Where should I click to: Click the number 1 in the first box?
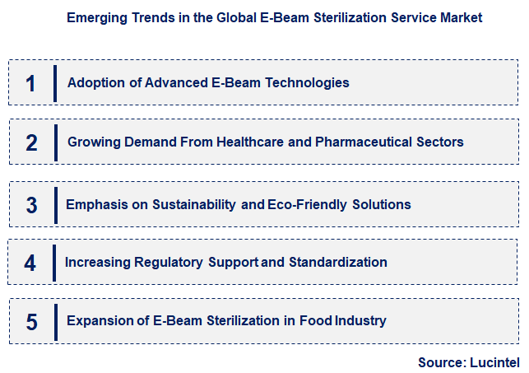tap(31, 83)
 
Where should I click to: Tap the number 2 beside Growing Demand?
tap(31, 142)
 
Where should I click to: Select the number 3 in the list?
tap(31, 204)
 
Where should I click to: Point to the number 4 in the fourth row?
tap(30, 263)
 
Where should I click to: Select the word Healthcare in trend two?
tap(251, 142)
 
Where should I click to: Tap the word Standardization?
tap(336, 263)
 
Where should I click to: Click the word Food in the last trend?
tap(318, 321)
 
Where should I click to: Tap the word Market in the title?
tap(462, 16)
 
